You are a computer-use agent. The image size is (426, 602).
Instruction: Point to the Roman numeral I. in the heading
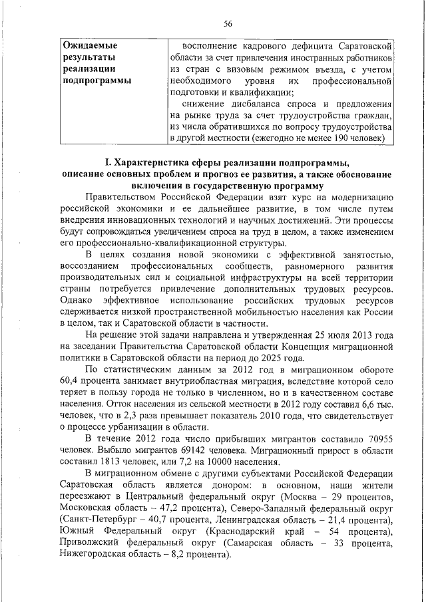tap(108, 163)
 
